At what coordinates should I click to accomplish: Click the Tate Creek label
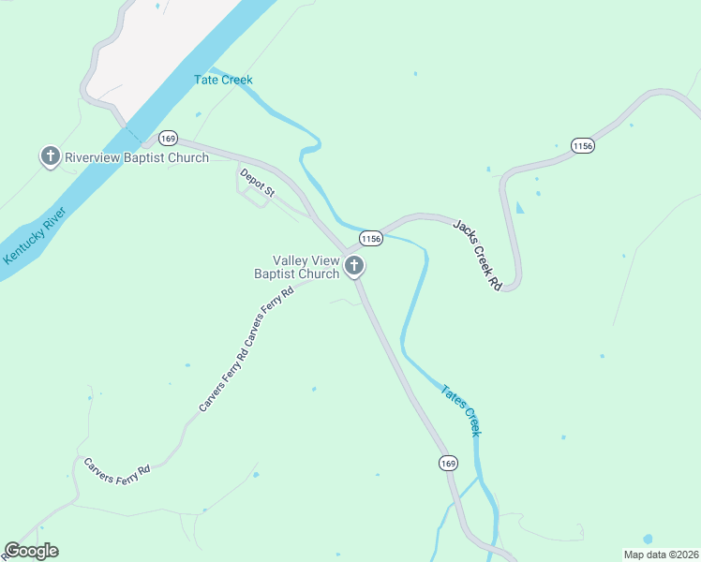click(223, 81)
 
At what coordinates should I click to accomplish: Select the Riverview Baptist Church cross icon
click(50, 156)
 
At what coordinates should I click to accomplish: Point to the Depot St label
click(257, 183)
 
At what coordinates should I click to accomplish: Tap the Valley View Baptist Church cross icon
click(354, 267)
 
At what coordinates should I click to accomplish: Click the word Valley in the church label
click(291, 260)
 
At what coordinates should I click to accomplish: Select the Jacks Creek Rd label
click(479, 253)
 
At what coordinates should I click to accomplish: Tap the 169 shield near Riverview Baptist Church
click(168, 139)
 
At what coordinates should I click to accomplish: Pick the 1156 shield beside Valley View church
click(370, 239)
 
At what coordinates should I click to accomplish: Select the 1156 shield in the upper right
click(582, 146)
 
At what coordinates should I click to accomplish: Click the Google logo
click(31, 551)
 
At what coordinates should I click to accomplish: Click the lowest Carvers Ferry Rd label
click(116, 471)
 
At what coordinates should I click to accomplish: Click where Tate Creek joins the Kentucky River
click(211, 68)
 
